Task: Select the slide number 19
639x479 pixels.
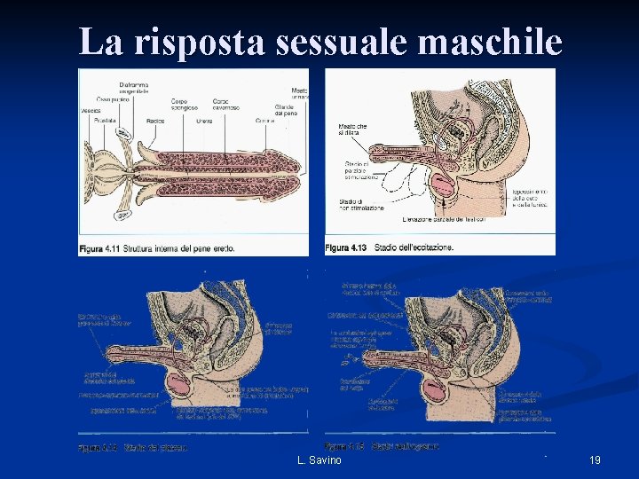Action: [x=595, y=459]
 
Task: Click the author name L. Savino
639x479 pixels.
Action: [x=319, y=459]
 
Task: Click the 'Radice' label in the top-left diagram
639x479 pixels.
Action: [x=154, y=120]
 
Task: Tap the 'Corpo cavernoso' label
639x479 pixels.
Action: [x=226, y=105]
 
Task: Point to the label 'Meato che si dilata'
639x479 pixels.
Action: [x=352, y=130]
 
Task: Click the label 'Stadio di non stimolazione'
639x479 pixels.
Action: [x=360, y=206]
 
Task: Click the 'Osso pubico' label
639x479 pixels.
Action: [x=113, y=98]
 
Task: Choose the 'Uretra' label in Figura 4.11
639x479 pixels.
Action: [x=202, y=120]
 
